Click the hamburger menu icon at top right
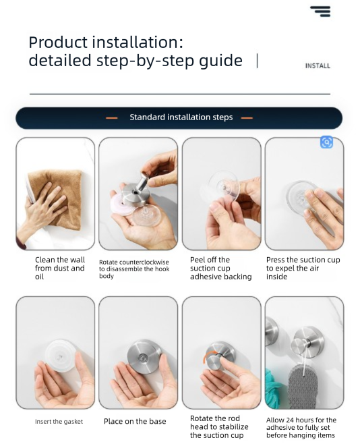pyautogui.click(x=320, y=11)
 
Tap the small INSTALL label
pyautogui.click(x=318, y=66)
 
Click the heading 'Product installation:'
pyautogui.click(x=106, y=42)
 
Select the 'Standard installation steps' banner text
pyautogui.click(x=181, y=117)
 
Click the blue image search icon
pyautogui.click(x=326, y=142)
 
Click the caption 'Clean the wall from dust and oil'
pyautogui.click(x=60, y=268)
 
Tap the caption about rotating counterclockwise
pyautogui.click(x=134, y=269)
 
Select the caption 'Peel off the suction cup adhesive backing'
pyautogui.click(x=220, y=268)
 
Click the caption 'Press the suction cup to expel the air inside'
pyautogui.click(x=303, y=268)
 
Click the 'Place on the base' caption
pyautogui.click(x=135, y=422)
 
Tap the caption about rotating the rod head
pyautogui.click(x=219, y=426)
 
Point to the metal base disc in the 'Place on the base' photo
pyautogui.click(x=142, y=354)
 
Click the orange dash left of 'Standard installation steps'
pyautogui.click(x=112, y=117)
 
